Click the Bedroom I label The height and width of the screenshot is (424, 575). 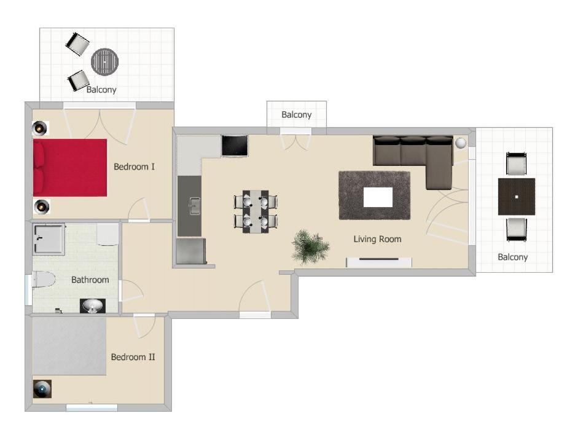coord(134,167)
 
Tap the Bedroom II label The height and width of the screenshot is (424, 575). coord(133,357)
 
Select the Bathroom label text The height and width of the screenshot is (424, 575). coord(90,280)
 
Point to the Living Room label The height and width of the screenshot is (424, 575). coord(377,239)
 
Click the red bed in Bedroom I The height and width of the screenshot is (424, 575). coord(70,168)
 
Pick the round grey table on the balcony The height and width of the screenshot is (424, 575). coord(105,61)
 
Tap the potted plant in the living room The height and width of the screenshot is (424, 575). coord(311,246)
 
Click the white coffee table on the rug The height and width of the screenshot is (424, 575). coord(378,197)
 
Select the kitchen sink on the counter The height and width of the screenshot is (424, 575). coord(194,206)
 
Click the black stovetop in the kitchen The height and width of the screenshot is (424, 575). coord(235,146)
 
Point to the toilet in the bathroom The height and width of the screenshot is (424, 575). coord(43,280)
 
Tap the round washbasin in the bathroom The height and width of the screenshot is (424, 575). coord(92,306)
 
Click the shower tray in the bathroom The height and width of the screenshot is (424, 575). coord(49,239)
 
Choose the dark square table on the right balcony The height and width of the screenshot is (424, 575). coord(516,197)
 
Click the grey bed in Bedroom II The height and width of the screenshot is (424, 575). coord(69,346)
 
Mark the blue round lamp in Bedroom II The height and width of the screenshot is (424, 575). coord(42,389)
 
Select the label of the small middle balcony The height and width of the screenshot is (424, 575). coord(296,115)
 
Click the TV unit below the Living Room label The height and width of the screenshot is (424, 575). coord(379,262)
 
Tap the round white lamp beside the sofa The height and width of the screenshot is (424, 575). coord(461,143)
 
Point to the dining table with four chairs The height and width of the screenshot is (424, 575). coord(256,211)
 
